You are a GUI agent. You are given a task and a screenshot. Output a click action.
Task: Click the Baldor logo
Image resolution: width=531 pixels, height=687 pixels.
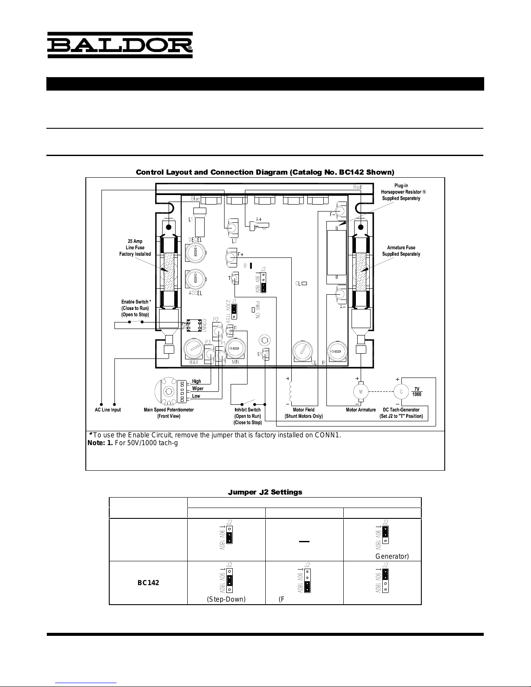point(120,45)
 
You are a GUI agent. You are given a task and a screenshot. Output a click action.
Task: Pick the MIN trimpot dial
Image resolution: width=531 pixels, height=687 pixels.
point(236,348)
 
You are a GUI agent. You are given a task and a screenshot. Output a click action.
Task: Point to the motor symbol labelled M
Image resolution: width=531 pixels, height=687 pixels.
point(360,391)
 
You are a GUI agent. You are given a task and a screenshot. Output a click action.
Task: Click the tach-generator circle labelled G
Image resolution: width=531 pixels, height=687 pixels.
point(401,391)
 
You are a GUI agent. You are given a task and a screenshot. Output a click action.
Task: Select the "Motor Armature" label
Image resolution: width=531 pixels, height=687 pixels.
point(361,410)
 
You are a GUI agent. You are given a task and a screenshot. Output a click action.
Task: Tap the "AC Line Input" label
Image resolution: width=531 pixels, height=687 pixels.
point(108,410)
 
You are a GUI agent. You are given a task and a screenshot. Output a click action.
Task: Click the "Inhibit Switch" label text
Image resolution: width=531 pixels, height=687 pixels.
point(248,410)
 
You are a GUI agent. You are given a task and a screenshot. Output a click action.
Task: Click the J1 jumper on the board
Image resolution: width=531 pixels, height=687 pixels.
point(234,309)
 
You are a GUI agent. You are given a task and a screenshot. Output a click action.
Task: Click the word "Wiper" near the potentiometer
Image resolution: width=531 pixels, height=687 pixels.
point(198,389)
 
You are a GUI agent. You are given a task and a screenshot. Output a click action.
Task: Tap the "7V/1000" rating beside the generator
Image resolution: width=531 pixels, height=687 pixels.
point(417,391)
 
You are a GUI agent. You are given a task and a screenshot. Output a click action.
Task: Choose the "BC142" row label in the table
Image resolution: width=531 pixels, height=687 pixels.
point(148,583)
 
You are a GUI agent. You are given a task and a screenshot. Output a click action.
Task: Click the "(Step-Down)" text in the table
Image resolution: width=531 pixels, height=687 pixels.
point(226,599)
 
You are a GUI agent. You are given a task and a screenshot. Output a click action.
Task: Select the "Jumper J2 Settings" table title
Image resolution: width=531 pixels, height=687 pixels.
point(265,492)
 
